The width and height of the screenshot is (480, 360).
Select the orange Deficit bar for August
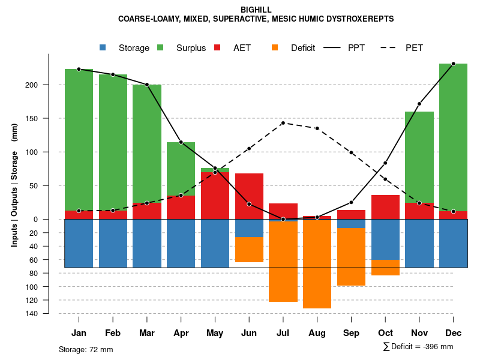(317, 264)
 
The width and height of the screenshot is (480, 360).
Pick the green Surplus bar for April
(181, 169)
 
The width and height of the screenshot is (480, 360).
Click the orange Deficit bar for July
(283, 262)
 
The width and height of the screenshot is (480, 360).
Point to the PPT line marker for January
(79, 69)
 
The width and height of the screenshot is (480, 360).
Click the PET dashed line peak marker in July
(283, 123)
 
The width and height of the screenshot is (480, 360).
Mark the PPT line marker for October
(385, 163)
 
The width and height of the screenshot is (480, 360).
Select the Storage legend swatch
(103, 47)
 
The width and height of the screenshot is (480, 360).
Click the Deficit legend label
(303, 48)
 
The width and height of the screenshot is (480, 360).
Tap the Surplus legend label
(191, 48)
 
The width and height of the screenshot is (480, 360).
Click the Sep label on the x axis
(351, 333)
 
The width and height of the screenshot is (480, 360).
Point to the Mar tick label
(147, 333)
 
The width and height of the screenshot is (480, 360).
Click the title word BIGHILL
(256, 10)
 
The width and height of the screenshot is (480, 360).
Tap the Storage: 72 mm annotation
(86, 349)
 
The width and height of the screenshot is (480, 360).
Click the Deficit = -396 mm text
(422, 346)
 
